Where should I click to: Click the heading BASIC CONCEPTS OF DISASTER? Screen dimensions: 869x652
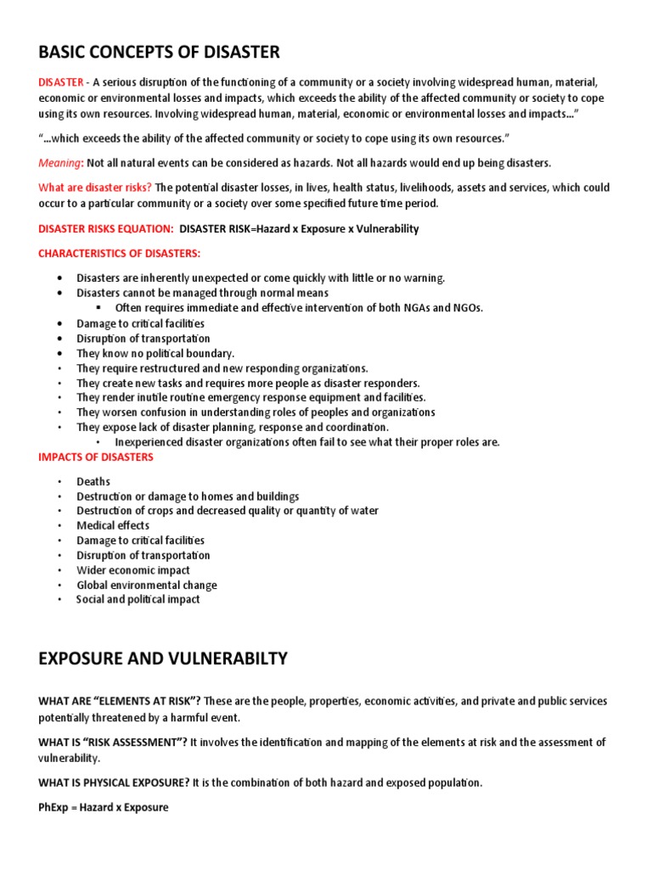[159, 53]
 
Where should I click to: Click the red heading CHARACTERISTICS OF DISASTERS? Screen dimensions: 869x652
[120, 253]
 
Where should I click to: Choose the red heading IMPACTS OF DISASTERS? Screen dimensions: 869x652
[96, 457]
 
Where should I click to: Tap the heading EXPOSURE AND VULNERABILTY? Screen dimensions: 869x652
[163, 659]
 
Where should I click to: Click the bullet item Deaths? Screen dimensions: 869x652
[93, 481]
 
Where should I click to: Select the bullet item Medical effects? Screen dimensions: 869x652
[113, 525]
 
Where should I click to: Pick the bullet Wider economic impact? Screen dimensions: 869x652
[133, 570]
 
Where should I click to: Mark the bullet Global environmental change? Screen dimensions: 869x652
[147, 585]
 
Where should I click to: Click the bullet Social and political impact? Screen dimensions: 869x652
[138, 599]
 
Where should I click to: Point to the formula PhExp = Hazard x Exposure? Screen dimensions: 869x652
[104, 808]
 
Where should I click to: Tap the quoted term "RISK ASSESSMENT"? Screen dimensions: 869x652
[138, 743]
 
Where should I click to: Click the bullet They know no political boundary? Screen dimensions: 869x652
[155, 353]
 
